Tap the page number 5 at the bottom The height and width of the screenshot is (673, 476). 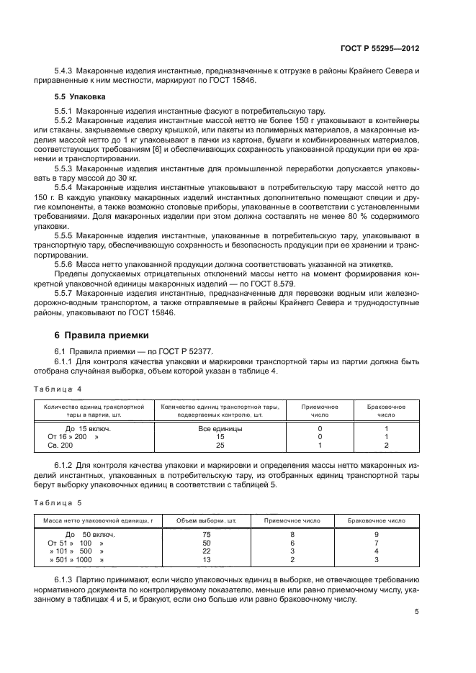[x=417, y=613]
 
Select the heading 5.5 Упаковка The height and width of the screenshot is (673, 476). [x=81, y=96]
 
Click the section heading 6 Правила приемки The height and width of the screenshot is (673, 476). [x=102, y=335]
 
